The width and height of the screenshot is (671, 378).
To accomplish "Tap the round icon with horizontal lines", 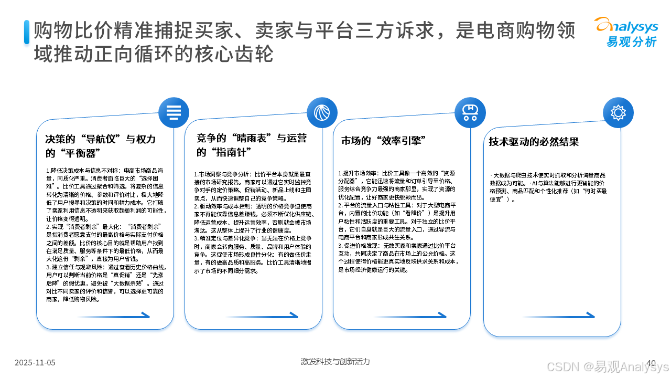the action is pyautogui.click(x=174, y=113).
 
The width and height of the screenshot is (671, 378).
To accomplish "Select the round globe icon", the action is pyautogui.click(x=322, y=113).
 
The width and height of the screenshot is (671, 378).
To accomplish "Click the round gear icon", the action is pyautogui.click(x=618, y=113).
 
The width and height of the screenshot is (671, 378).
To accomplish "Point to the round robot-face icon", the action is pyautogui.click(x=470, y=113).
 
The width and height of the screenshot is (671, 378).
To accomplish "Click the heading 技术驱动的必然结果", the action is pyautogui.click(x=534, y=142).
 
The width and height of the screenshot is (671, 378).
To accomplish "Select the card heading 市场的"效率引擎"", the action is pyautogui.click(x=383, y=141).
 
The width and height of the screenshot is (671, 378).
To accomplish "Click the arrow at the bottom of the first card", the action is pyautogui.click(x=113, y=316).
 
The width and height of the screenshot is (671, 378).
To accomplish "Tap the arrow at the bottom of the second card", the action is pyautogui.click(x=262, y=316).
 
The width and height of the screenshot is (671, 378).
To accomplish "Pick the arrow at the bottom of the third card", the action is pyautogui.click(x=410, y=316).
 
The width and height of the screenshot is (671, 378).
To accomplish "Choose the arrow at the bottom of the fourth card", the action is pyautogui.click(x=558, y=316).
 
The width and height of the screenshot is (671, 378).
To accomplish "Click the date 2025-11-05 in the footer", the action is pyautogui.click(x=35, y=363).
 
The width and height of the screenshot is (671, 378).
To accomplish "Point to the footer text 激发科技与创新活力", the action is pyautogui.click(x=335, y=362).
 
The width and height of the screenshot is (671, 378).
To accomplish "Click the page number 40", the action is pyautogui.click(x=651, y=363).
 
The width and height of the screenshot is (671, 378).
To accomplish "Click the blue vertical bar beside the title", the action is pyautogui.click(x=26, y=32).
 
